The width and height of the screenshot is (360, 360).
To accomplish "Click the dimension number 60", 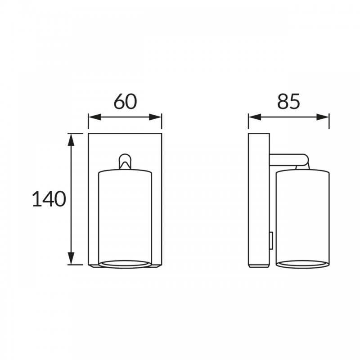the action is [x=126, y=101].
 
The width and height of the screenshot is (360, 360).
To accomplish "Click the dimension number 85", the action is [x=288, y=101].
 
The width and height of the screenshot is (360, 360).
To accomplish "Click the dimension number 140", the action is [x=49, y=199].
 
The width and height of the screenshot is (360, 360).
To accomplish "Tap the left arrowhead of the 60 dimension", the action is [x=94, y=117].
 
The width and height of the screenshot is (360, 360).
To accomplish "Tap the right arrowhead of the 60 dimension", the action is [x=155, y=117].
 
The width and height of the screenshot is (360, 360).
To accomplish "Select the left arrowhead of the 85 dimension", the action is [x=255, y=117].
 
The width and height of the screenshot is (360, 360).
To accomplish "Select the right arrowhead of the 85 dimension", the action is [x=323, y=117].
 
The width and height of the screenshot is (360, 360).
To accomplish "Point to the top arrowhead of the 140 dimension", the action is [x=71, y=139].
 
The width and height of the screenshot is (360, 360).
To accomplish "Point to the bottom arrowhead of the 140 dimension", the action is [x=71, y=258].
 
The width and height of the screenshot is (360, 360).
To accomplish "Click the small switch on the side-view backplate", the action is [x=271, y=241].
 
